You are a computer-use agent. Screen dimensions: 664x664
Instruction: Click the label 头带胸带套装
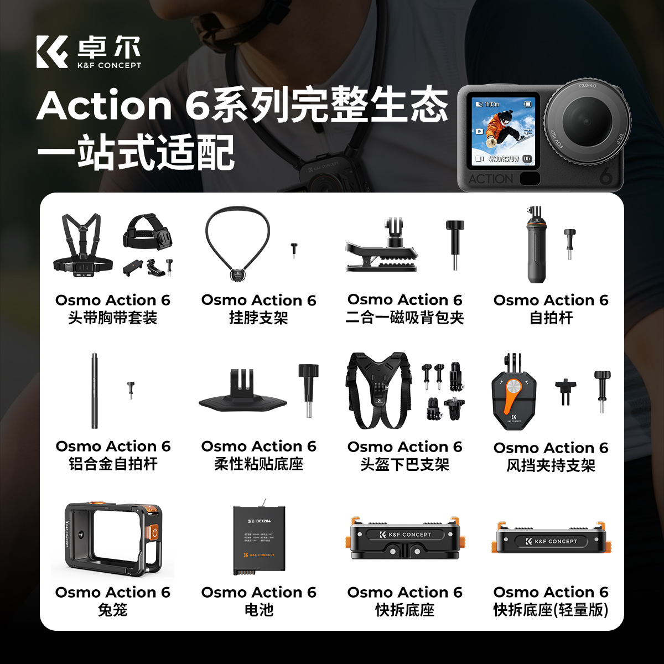[112, 318]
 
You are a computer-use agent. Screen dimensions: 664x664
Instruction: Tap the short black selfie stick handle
[536, 249]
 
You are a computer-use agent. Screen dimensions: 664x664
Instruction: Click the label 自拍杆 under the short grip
[551, 318]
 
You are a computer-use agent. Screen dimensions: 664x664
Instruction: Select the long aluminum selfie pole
[94, 391]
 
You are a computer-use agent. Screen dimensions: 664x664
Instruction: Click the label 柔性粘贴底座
[258, 464]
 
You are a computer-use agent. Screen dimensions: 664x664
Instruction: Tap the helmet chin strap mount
[378, 391]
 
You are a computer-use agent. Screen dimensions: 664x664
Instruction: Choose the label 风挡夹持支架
[551, 465]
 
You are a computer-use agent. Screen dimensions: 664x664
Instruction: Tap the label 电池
[258, 610]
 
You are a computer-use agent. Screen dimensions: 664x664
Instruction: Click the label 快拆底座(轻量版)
[551, 610]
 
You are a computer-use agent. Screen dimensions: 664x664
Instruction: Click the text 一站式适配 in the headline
[136, 153]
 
